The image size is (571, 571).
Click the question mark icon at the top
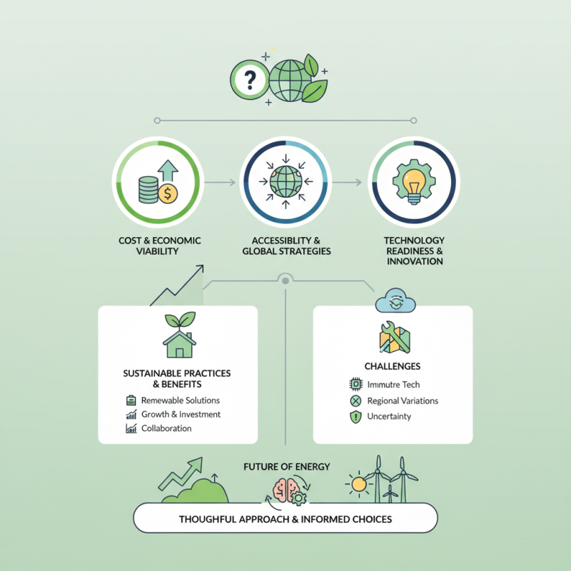point(248,79)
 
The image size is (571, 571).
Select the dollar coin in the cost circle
point(168,193)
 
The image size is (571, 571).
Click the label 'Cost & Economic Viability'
point(160,246)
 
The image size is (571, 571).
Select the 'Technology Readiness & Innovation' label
point(415,251)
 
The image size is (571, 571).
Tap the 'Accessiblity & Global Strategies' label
point(286,246)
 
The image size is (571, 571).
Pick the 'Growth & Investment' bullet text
point(181,414)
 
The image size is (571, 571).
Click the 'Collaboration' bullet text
point(166,428)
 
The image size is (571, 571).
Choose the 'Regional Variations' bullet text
point(403,400)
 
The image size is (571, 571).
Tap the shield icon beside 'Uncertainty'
point(356,416)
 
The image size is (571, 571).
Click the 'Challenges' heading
point(392,366)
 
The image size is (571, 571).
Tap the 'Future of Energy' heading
point(286,467)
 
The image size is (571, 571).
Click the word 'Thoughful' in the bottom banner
point(208,519)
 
